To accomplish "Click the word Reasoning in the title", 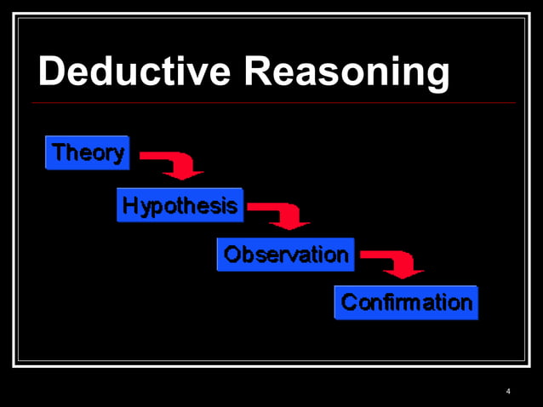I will click(x=346, y=73).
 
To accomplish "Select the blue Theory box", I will click(x=88, y=153).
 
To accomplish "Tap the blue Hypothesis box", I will click(x=180, y=205).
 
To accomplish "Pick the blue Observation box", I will click(x=286, y=255).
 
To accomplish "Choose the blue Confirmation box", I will click(x=406, y=302).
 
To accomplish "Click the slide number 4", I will click(x=508, y=392).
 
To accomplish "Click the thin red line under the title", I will click(x=272, y=103).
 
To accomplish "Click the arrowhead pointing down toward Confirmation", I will click(x=403, y=272).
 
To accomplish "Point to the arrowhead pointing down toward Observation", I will click(x=290, y=224).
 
